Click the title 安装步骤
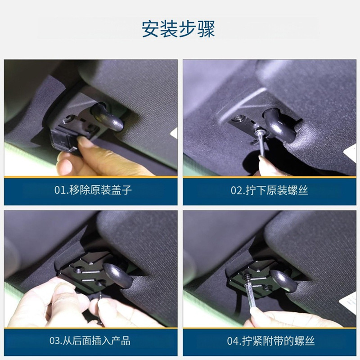pyautogui.click(x=178, y=29)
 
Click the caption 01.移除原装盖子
pyautogui.click(x=93, y=190)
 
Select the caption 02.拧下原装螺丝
pyautogui.click(x=269, y=190)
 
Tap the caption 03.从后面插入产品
pyautogui.click(x=90, y=341)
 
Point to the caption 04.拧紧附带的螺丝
pyautogui.click(x=271, y=341)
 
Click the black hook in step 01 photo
pyautogui.click(x=108, y=117)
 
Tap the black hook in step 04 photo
pyautogui.click(x=284, y=280)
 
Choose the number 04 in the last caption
pyautogui.click(x=233, y=341)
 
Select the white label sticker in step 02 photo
pyautogui.click(x=351, y=152)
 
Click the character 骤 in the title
pyautogui.click(x=206, y=29)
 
